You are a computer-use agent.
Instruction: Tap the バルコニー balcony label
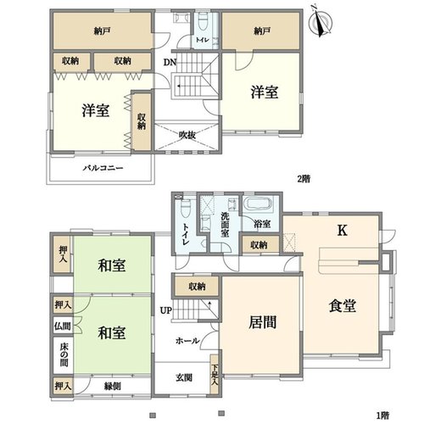coord(103,168)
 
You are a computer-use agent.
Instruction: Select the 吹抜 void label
coord(187,135)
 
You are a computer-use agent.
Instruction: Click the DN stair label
coord(170,62)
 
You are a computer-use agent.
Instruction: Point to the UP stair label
coord(166,310)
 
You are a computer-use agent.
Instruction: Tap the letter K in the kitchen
coord(343,231)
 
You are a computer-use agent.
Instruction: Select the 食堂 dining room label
coord(342,305)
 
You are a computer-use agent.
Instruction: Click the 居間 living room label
coord(263,322)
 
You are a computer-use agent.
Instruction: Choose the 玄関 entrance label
coord(184,377)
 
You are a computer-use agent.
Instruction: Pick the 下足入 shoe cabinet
coord(215,374)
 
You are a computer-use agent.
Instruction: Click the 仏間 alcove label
coord(63,326)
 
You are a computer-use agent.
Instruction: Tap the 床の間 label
coord(64,354)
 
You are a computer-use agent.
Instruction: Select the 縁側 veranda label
coord(113,386)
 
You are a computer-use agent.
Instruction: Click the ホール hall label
coord(187,341)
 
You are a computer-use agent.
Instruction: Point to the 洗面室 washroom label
coord(225,225)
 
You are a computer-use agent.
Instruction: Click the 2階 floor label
coord(304,179)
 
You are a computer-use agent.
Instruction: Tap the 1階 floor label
coord(383,416)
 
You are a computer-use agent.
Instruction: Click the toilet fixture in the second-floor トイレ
coord(202,21)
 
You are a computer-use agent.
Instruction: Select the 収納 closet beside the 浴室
coord(259,245)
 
